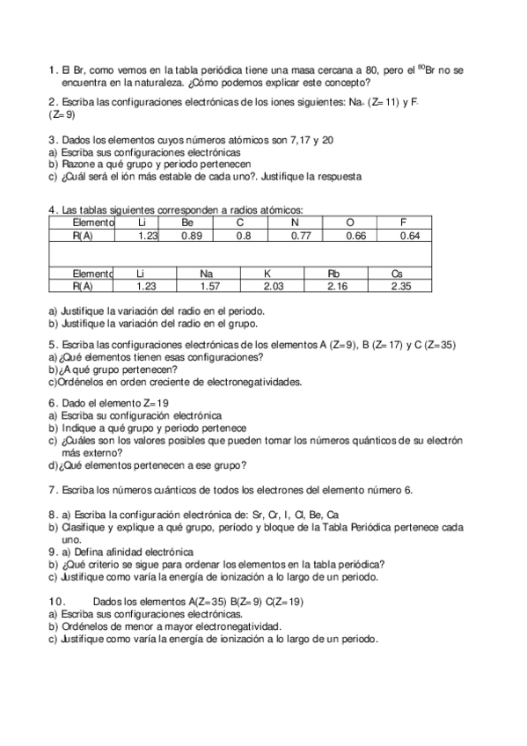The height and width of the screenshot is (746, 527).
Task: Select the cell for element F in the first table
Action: pyautogui.click(x=403, y=223)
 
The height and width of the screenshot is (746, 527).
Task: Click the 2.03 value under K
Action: pyautogui.click(x=274, y=286)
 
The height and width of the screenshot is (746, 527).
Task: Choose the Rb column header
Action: pyautogui.click(x=333, y=274)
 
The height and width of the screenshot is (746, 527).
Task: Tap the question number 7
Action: pyautogui.click(x=52, y=490)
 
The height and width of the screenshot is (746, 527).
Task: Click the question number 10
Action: pyautogui.click(x=55, y=600)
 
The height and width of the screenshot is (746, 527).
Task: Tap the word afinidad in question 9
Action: pyautogui.click(x=120, y=552)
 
